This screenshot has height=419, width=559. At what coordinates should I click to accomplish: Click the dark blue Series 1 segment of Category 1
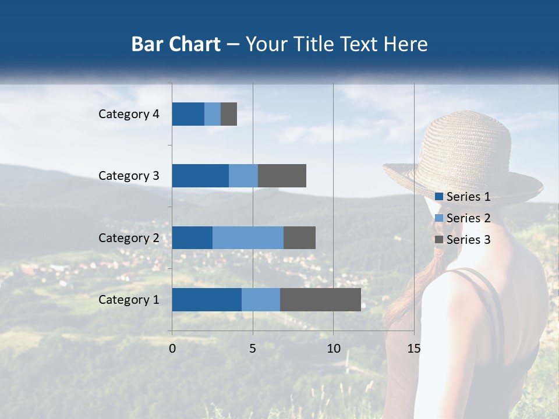pos(206,300)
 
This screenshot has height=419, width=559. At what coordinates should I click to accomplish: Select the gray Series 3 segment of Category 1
pos(320,300)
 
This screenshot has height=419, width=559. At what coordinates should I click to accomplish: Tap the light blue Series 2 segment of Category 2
pos(247,237)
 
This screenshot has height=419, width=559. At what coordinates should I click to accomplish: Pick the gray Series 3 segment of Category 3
pos(282,176)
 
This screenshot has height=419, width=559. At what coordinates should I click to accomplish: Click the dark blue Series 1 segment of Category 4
pos(187,114)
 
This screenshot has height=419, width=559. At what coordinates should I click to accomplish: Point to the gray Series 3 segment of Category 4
pos(229,114)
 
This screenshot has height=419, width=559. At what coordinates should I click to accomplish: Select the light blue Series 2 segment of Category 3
pos(243,176)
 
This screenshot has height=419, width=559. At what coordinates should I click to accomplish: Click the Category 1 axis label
pos(128,300)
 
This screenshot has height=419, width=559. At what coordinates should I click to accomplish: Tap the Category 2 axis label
pos(128,237)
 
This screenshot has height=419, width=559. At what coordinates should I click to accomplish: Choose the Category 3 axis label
pos(128,176)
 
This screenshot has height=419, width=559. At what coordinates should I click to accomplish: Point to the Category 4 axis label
pos(128,114)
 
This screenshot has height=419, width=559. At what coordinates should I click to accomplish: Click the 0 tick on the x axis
pos(172,349)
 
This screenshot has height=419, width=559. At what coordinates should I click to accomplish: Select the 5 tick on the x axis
pos(253,349)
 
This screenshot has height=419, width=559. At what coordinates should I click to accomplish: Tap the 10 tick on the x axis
pos(333,349)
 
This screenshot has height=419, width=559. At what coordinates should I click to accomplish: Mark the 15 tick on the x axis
pos(413,349)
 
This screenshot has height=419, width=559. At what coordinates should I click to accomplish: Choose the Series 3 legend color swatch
pos(438,240)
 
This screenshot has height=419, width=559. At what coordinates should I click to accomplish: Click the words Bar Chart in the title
pos(175,44)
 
